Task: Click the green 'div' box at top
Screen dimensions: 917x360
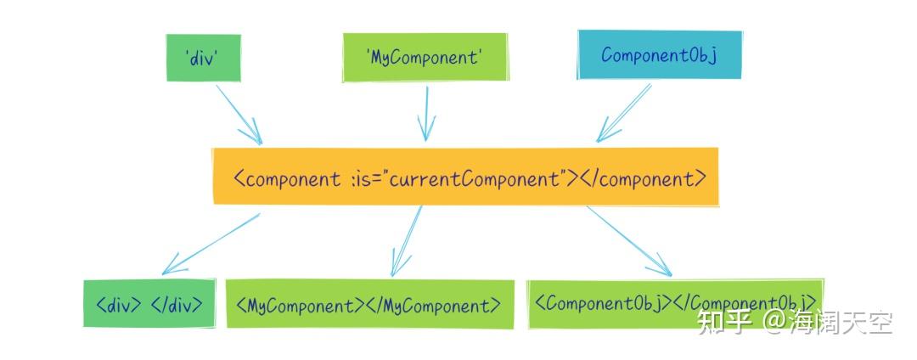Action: pos(204,57)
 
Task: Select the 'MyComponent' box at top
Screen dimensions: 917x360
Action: pos(425,57)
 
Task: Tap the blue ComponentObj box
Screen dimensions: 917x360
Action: pos(660,55)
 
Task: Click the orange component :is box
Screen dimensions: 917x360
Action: pos(465,177)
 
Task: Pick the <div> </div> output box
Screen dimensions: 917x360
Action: pos(149,303)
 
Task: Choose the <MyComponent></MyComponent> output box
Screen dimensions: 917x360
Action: pos(369,304)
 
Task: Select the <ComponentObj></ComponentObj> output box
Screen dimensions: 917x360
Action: pos(676,303)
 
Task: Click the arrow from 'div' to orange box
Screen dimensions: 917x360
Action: pos(239,115)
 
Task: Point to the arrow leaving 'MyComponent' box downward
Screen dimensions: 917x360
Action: pos(426,114)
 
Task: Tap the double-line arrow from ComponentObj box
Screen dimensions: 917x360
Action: pos(623,113)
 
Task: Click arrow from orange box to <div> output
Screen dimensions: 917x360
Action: pos(211,244)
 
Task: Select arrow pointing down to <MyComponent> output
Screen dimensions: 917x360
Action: pos(407,241)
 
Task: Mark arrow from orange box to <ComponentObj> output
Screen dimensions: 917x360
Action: pos(629,241)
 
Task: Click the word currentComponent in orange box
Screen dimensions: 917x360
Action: pos(475,178)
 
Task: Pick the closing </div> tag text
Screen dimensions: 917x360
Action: pos(177,305)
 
